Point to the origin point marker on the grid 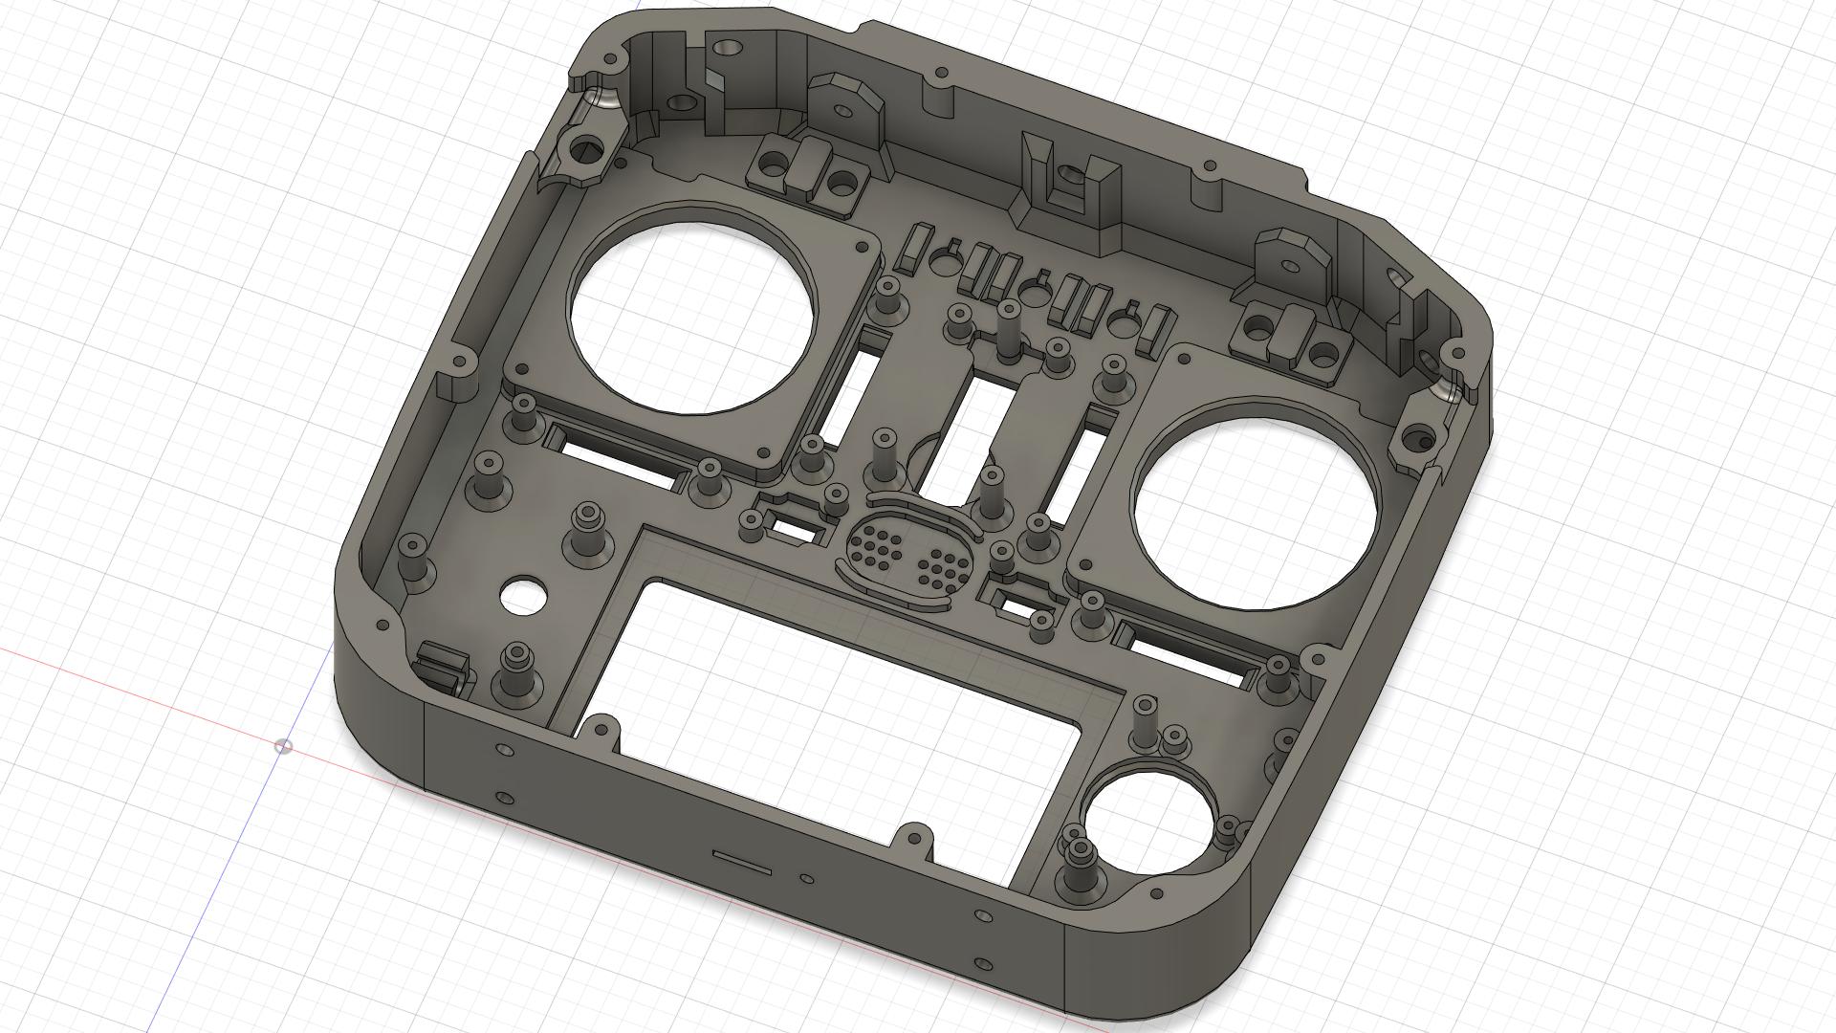[283, 746]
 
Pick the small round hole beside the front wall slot [807, 877]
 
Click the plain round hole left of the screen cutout [522, 596]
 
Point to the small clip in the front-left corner [443, 669]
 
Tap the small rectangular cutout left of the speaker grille [793, 525]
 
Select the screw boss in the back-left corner [585, 148]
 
